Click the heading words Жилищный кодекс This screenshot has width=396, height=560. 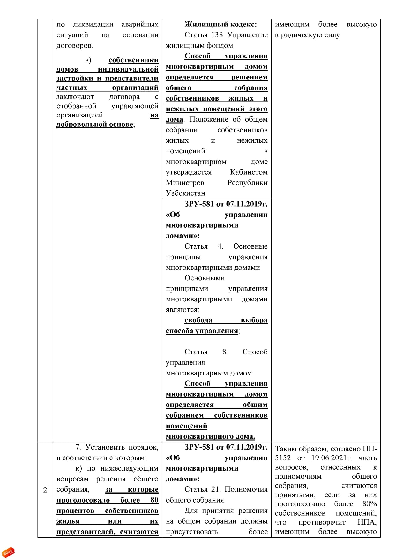(x=220, y=24)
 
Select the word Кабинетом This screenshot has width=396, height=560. (x=249, y=172)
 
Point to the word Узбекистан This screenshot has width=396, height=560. (x=186, y=193)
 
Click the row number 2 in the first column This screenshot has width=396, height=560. (x=45, y=490)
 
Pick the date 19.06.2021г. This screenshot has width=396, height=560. (x=331, y=458)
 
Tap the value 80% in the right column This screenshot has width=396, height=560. (x=370, y=504)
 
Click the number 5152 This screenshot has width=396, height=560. (x=283, y=458)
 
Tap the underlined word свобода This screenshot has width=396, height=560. (x=198, y=320)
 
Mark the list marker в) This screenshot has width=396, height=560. (x=88, y=60)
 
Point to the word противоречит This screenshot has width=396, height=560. (x=322, y=522)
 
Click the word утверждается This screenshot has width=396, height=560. (x=189, y=172)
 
